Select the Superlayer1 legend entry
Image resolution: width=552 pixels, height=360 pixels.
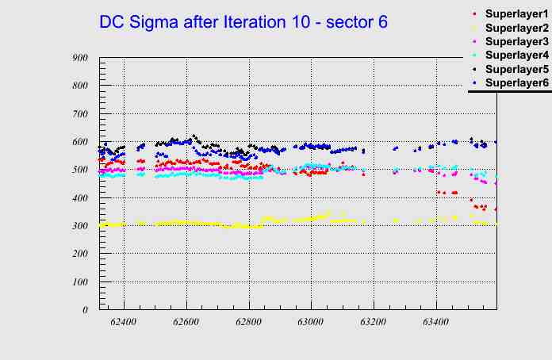pos(516,14)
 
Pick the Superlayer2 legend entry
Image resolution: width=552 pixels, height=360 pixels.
pos(516,28)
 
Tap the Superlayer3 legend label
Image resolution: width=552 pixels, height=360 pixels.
pos(516,41)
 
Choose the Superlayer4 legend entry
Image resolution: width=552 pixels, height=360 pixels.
pos(516,55)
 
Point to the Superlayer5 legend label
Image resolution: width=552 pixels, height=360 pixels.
pos(516,69)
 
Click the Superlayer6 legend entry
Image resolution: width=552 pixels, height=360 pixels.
pos(516,82)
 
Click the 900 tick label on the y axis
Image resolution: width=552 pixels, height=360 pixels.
pos(79,58)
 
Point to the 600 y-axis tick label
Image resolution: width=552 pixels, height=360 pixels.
pos(79,142)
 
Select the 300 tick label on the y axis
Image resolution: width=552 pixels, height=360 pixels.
pos(79,226)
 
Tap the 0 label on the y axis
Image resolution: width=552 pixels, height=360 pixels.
pos(85,310)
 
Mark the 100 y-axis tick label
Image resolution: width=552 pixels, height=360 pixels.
pos(79,282)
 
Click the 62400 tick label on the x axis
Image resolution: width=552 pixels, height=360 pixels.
pos(125,322)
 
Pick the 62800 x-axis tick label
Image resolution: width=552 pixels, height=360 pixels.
pos(249,322)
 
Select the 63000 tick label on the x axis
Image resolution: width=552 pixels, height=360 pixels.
pos(311,322)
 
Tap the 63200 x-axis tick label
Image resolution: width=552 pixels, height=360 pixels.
pos(373,322)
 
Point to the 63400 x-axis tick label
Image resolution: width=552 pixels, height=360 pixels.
pos(435,322)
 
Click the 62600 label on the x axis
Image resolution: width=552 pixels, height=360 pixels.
pos(186,322)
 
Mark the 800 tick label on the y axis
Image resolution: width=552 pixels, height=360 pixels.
pos(79,86)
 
